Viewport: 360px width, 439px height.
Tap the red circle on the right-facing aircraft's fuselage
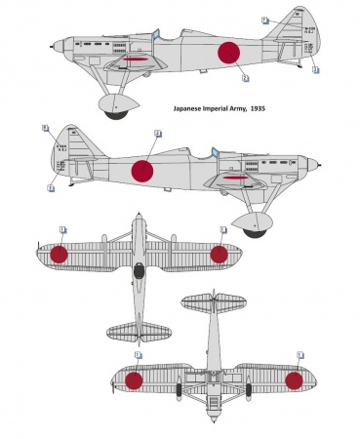coord(142,170)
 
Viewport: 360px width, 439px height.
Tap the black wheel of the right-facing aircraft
coord(257,230)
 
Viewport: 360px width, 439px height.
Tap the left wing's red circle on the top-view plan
coord(60,255)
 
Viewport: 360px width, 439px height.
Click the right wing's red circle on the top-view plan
coord(219,255)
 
